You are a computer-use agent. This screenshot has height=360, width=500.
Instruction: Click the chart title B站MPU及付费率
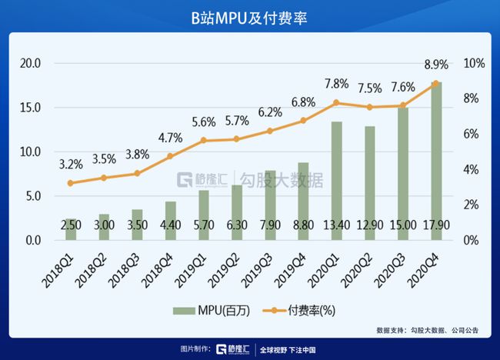250,17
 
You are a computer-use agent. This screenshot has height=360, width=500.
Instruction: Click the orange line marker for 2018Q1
71,183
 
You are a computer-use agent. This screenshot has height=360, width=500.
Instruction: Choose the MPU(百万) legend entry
203,309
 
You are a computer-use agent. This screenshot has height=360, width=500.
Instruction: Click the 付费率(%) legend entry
298,309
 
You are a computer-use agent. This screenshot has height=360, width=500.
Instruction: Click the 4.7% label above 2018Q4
169,138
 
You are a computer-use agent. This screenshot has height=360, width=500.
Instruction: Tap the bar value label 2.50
71,224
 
